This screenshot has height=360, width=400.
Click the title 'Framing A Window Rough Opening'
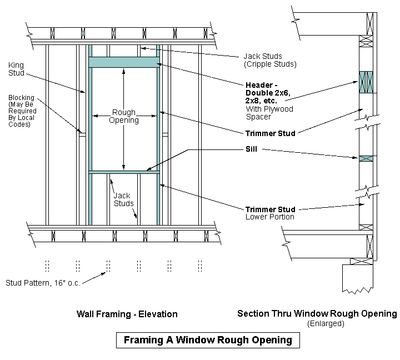(207, 339)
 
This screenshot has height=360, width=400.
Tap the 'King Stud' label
(16, 68)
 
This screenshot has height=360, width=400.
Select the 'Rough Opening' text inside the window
(124, 116)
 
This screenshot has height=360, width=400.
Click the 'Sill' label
(253, 149)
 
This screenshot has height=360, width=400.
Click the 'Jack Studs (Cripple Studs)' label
(269, 60)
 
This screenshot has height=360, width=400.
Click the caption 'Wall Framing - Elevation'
(127, 314)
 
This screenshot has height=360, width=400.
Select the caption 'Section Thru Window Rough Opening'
(317, 313)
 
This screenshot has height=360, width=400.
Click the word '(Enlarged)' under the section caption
(326, 323)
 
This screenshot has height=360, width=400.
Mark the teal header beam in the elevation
(124, 63)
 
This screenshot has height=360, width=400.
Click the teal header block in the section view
(367, 81)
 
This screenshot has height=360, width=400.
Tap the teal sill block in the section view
(367, 158)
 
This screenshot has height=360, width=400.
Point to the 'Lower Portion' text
(270, 217)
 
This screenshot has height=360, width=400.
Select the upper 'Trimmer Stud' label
(271, 133)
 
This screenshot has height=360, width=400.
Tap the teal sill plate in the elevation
(124, 172)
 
